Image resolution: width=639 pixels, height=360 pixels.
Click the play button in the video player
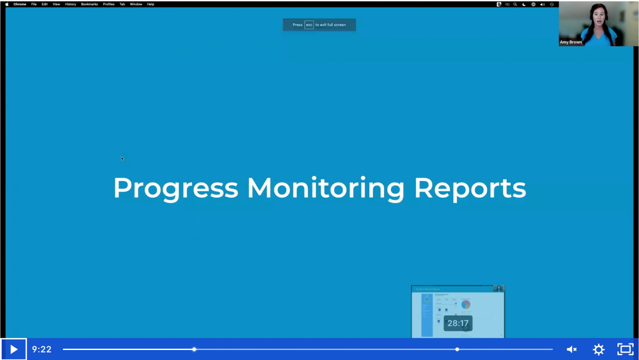(13, 349)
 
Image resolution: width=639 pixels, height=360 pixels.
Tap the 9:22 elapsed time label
(42, 349)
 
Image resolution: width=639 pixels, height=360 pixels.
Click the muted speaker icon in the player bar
(572, 349)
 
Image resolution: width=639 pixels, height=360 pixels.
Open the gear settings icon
(599, 349)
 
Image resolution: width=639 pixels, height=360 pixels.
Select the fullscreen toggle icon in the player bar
(625, 349)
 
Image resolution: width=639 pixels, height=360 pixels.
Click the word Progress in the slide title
(176, 188)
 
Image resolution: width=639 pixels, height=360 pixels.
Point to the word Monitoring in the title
(325, 188)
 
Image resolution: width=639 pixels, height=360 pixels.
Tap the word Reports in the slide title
(470, 188)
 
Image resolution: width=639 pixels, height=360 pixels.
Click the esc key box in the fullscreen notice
(309, 25)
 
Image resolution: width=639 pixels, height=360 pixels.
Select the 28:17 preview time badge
(458, 323)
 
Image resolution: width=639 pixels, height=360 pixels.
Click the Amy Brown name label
(571, 42)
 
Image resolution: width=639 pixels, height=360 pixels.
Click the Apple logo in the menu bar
(7, 4)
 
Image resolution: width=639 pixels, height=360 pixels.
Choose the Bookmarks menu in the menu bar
(89, 4)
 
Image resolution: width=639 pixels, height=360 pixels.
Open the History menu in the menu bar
(70, 4)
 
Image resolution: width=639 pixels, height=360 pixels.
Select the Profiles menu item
(109, 4)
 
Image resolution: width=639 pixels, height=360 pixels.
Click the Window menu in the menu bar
(136, 4)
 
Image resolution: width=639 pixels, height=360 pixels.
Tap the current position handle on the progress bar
(194, 349)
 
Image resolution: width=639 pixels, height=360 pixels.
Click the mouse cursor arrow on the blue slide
(122, 159)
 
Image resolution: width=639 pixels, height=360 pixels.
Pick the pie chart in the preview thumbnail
(466, 304)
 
